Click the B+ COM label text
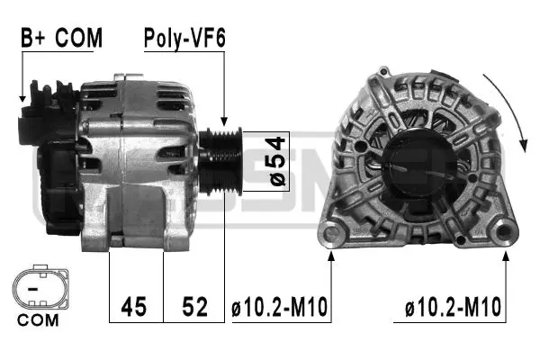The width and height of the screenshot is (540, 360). [x=61, y=38]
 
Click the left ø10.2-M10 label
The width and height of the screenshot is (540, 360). [x=280, y=308]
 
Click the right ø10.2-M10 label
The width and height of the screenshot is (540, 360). [x=453, y=308]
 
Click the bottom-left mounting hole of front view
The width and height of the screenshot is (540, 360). [x=333, y=237]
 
